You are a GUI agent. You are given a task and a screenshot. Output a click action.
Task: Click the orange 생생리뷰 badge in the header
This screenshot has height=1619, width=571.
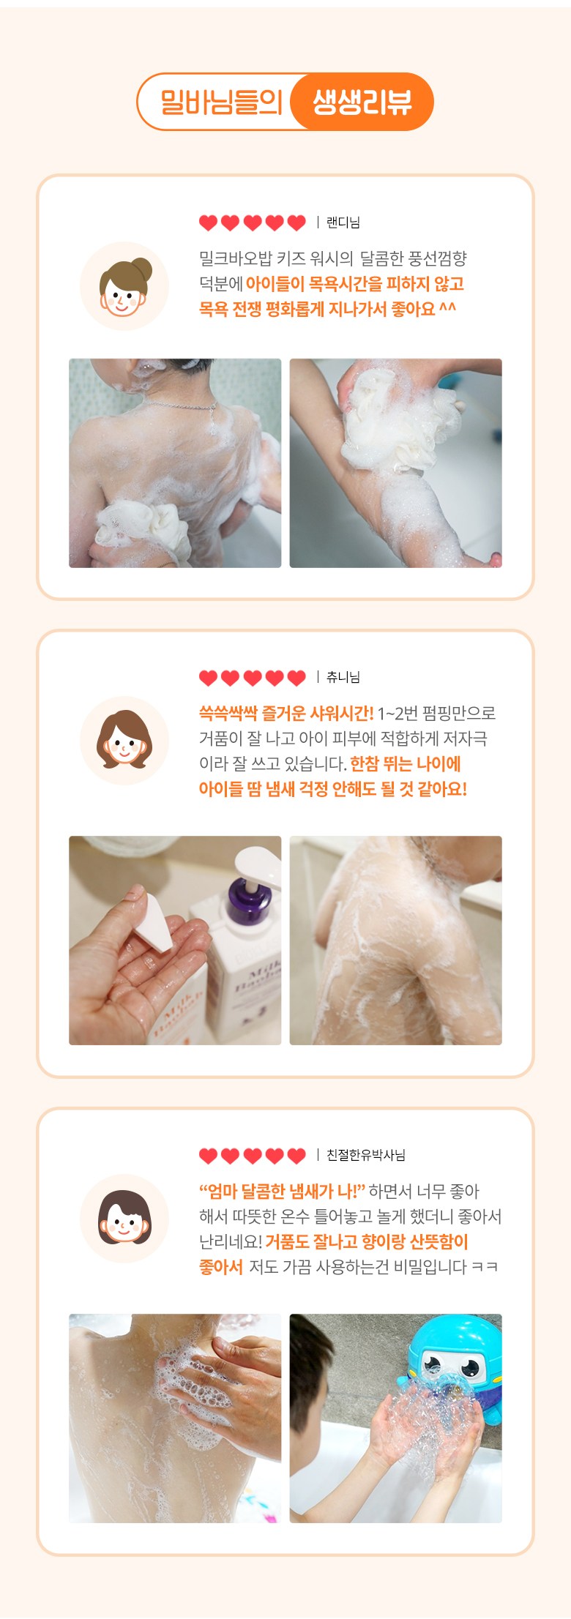click(362, 102)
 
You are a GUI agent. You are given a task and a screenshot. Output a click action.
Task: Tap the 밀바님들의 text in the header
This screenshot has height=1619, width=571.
click(221, 102)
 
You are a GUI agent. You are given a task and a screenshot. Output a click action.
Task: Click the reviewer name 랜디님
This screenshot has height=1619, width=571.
click(343, 223)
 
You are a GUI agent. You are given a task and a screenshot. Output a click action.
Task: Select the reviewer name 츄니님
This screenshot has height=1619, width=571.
click(343, 677)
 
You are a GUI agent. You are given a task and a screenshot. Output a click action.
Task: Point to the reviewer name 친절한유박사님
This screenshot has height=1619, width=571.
click(365, 1155)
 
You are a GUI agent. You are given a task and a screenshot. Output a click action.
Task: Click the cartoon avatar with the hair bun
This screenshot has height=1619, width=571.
click(124, 286)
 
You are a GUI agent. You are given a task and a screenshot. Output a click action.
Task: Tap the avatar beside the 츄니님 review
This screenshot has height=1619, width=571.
click(124, 741)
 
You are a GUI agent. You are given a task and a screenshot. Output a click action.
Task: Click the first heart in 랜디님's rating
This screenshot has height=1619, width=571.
click(209, 223)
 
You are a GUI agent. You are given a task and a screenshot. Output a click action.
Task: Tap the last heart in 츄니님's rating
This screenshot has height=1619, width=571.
click(296, 678)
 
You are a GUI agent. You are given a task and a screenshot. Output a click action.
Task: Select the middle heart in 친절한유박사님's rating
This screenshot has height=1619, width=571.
click(253, 1156)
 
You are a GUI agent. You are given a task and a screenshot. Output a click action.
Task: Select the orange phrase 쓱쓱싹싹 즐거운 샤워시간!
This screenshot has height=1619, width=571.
click(286, 713)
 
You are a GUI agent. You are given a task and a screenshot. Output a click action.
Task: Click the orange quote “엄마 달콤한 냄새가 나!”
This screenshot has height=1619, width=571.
click(282, 1192)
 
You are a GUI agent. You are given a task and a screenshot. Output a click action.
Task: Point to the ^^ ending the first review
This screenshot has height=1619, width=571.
click(447, 307)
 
